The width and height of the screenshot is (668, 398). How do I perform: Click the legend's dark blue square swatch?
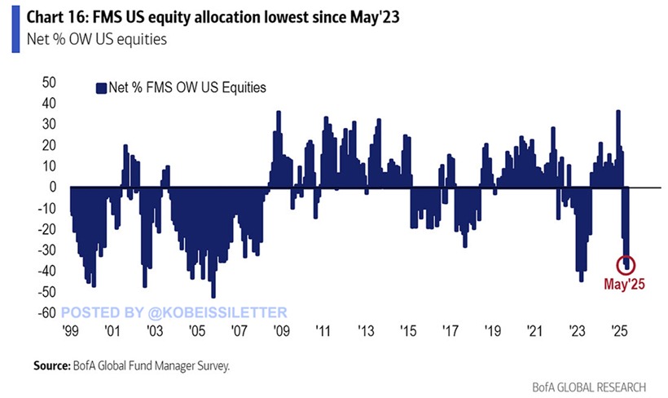point(101,88)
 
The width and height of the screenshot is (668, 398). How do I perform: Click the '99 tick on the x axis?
point(69,332)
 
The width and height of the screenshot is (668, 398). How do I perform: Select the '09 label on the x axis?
point(282,332)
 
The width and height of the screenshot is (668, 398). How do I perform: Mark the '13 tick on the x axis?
point(367,332)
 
